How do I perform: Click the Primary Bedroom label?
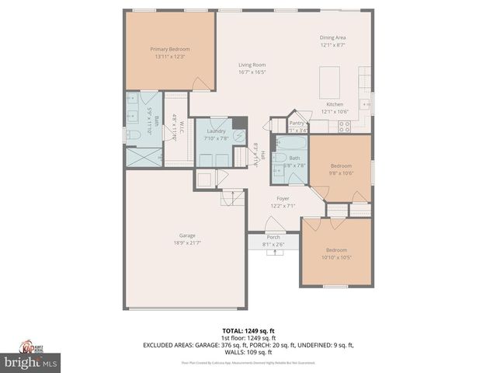170,49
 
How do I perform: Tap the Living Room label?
252,64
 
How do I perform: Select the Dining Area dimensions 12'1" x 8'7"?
332,45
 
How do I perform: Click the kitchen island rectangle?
330,80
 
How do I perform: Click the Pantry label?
297,123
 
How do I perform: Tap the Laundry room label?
215,131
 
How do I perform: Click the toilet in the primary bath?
134,134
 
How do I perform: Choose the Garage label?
165,235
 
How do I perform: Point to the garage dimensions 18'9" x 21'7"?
165,243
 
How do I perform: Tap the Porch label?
273,237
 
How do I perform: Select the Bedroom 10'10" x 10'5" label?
336,249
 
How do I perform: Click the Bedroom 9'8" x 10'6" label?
342,166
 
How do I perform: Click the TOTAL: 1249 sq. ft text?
248,330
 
